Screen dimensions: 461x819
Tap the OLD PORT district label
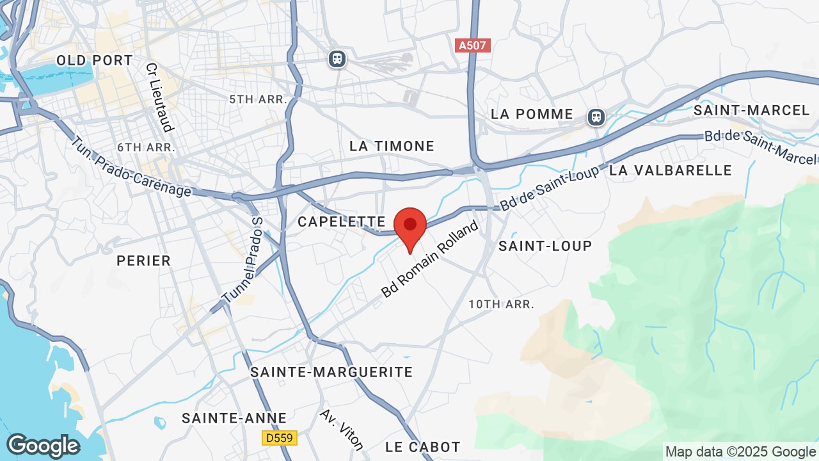click(95, 61)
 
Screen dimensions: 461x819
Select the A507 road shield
click(473, 46)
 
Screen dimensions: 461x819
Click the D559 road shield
click(280, 438)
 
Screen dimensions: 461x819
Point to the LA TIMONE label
click(392, 147)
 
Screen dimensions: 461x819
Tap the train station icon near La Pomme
click(596, 117)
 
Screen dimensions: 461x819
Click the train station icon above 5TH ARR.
click(337, 60)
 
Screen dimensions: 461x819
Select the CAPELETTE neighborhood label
click(342, 222)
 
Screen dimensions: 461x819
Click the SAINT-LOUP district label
click(545, 246)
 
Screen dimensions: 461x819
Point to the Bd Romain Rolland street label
click(430, 259)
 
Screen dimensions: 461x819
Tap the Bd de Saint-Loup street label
click(550, 188)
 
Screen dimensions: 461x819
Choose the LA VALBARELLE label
click(671, 170)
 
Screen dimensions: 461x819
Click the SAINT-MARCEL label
click(752, 111)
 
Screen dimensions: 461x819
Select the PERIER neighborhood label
click(143, 261)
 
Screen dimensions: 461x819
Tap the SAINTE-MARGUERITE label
click(331, 372)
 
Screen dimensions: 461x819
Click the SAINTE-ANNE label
click(234, 419)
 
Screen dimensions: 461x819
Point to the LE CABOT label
click(423, 447)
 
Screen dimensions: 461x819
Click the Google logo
click(43, 446)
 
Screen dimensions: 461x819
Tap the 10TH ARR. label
click(501, 304)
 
